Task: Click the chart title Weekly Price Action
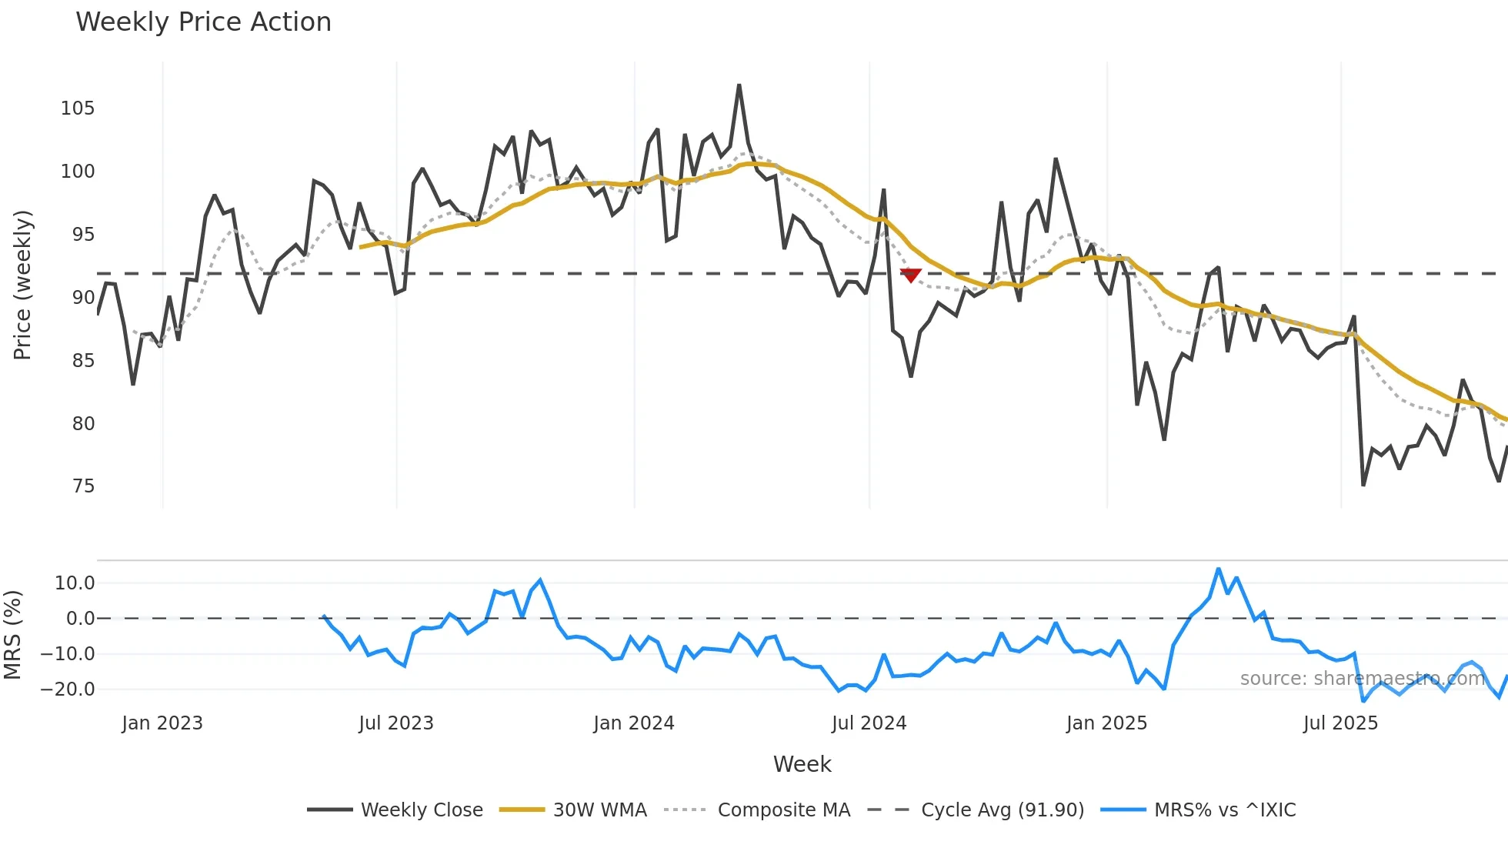[x=203, y=22]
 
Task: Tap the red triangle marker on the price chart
[x=910, y=275]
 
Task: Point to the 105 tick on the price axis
[x=78, y=109]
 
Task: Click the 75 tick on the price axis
[x=83, y=486]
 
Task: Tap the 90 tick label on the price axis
[x=83, y=298]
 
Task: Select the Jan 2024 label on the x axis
[x=634, y=723]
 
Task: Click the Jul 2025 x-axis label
[x=1340, y=723]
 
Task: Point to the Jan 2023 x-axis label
[x=162, y=723]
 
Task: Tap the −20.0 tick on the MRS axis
[x=68, y=689]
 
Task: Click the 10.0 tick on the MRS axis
[x=75, y=583]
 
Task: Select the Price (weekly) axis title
[x=22, y=285]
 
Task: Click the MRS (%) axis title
[x=12, y=635]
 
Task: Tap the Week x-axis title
[x=802, y=764]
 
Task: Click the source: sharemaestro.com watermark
[x=1362, y=679]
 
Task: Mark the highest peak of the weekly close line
[x=739, y=85]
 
